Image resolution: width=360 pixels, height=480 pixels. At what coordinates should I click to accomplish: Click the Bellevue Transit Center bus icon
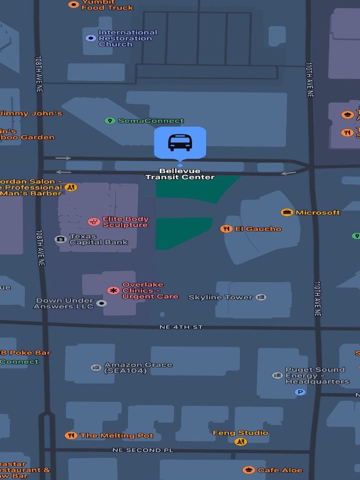[x=180, y=142]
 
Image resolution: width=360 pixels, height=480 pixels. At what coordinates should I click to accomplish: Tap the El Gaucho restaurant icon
[x=226, y=229]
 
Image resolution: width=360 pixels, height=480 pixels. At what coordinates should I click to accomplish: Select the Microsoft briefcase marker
[x=287, y=212]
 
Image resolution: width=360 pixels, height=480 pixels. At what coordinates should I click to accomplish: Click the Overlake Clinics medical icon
[x=113, y=291]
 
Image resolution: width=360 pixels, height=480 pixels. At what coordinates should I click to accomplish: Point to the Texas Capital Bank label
[x=98, y=240]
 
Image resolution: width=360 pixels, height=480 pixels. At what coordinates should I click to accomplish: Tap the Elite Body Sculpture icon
[x=94, y=221]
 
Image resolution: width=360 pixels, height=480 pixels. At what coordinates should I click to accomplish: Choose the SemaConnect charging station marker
[x=110, y=121]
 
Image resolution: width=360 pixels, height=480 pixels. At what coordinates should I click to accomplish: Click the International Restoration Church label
[x=127, y=38]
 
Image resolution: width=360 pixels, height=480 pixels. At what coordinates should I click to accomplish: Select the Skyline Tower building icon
[x=261, y=297]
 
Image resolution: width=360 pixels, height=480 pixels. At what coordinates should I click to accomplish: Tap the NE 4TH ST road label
[x=181, y=327]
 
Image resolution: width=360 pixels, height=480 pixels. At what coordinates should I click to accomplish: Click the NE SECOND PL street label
[x=143, y=450]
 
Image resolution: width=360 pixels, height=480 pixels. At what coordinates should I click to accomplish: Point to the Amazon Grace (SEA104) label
[x=138, y=368]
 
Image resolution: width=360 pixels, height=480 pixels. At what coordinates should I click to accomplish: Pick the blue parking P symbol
[x=300, y=392]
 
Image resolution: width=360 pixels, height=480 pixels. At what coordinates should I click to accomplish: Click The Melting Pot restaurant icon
[x=71, y=435]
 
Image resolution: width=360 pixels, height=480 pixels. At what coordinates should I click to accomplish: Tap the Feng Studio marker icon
[x=240, y=442]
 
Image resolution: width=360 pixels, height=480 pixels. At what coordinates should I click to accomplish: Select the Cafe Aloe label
[x=280, y=470]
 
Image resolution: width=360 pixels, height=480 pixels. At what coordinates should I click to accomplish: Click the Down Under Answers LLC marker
[x=101, y=303]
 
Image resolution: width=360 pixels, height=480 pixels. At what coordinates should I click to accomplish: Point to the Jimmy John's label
[x=31, y=113]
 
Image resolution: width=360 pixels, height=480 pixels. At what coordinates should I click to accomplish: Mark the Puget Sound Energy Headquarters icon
[x=277, y=375]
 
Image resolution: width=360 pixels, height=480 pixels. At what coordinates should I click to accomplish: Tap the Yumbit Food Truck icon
[x=74, y=5]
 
